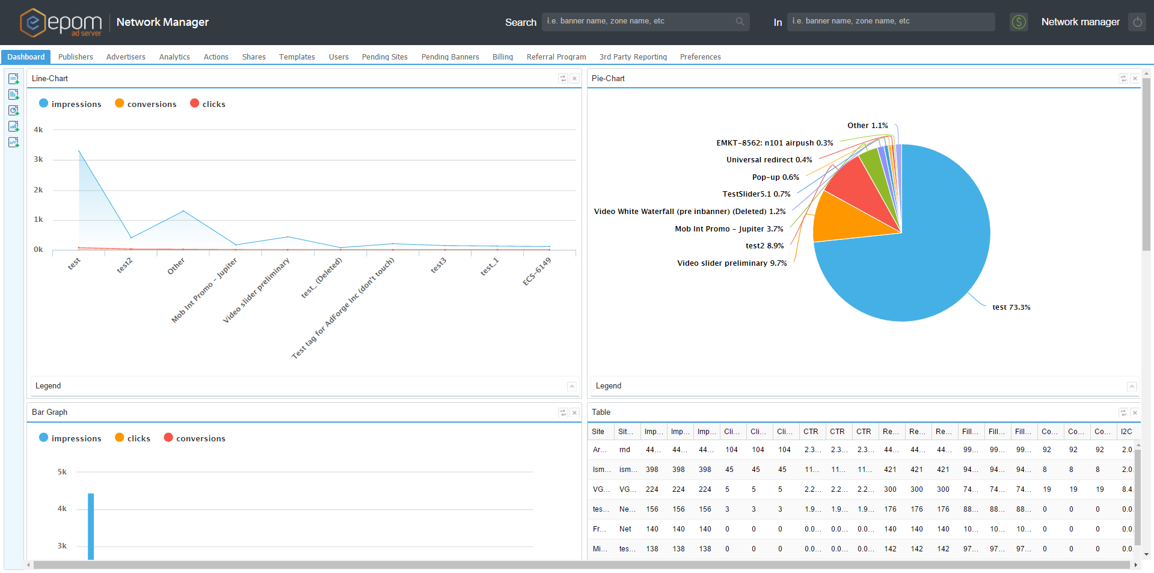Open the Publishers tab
point(75,57)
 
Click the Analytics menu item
point(174,57)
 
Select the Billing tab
point(502,57)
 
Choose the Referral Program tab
point(556,57)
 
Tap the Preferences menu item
point(700,57)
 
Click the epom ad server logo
point(60,23)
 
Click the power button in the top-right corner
point(1137,22)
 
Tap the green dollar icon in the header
point(1019,22)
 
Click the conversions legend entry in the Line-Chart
point(146,104)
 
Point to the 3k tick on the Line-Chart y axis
point(38,159)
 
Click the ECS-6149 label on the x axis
point(537,272)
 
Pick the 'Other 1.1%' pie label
point(867,126)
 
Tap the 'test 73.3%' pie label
point(1011,307)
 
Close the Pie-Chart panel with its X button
point(1134,79)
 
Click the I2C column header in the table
point(1126,432)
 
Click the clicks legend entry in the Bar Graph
point(132,438)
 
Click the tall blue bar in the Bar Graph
point(91,526)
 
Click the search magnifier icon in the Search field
point(739,22)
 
